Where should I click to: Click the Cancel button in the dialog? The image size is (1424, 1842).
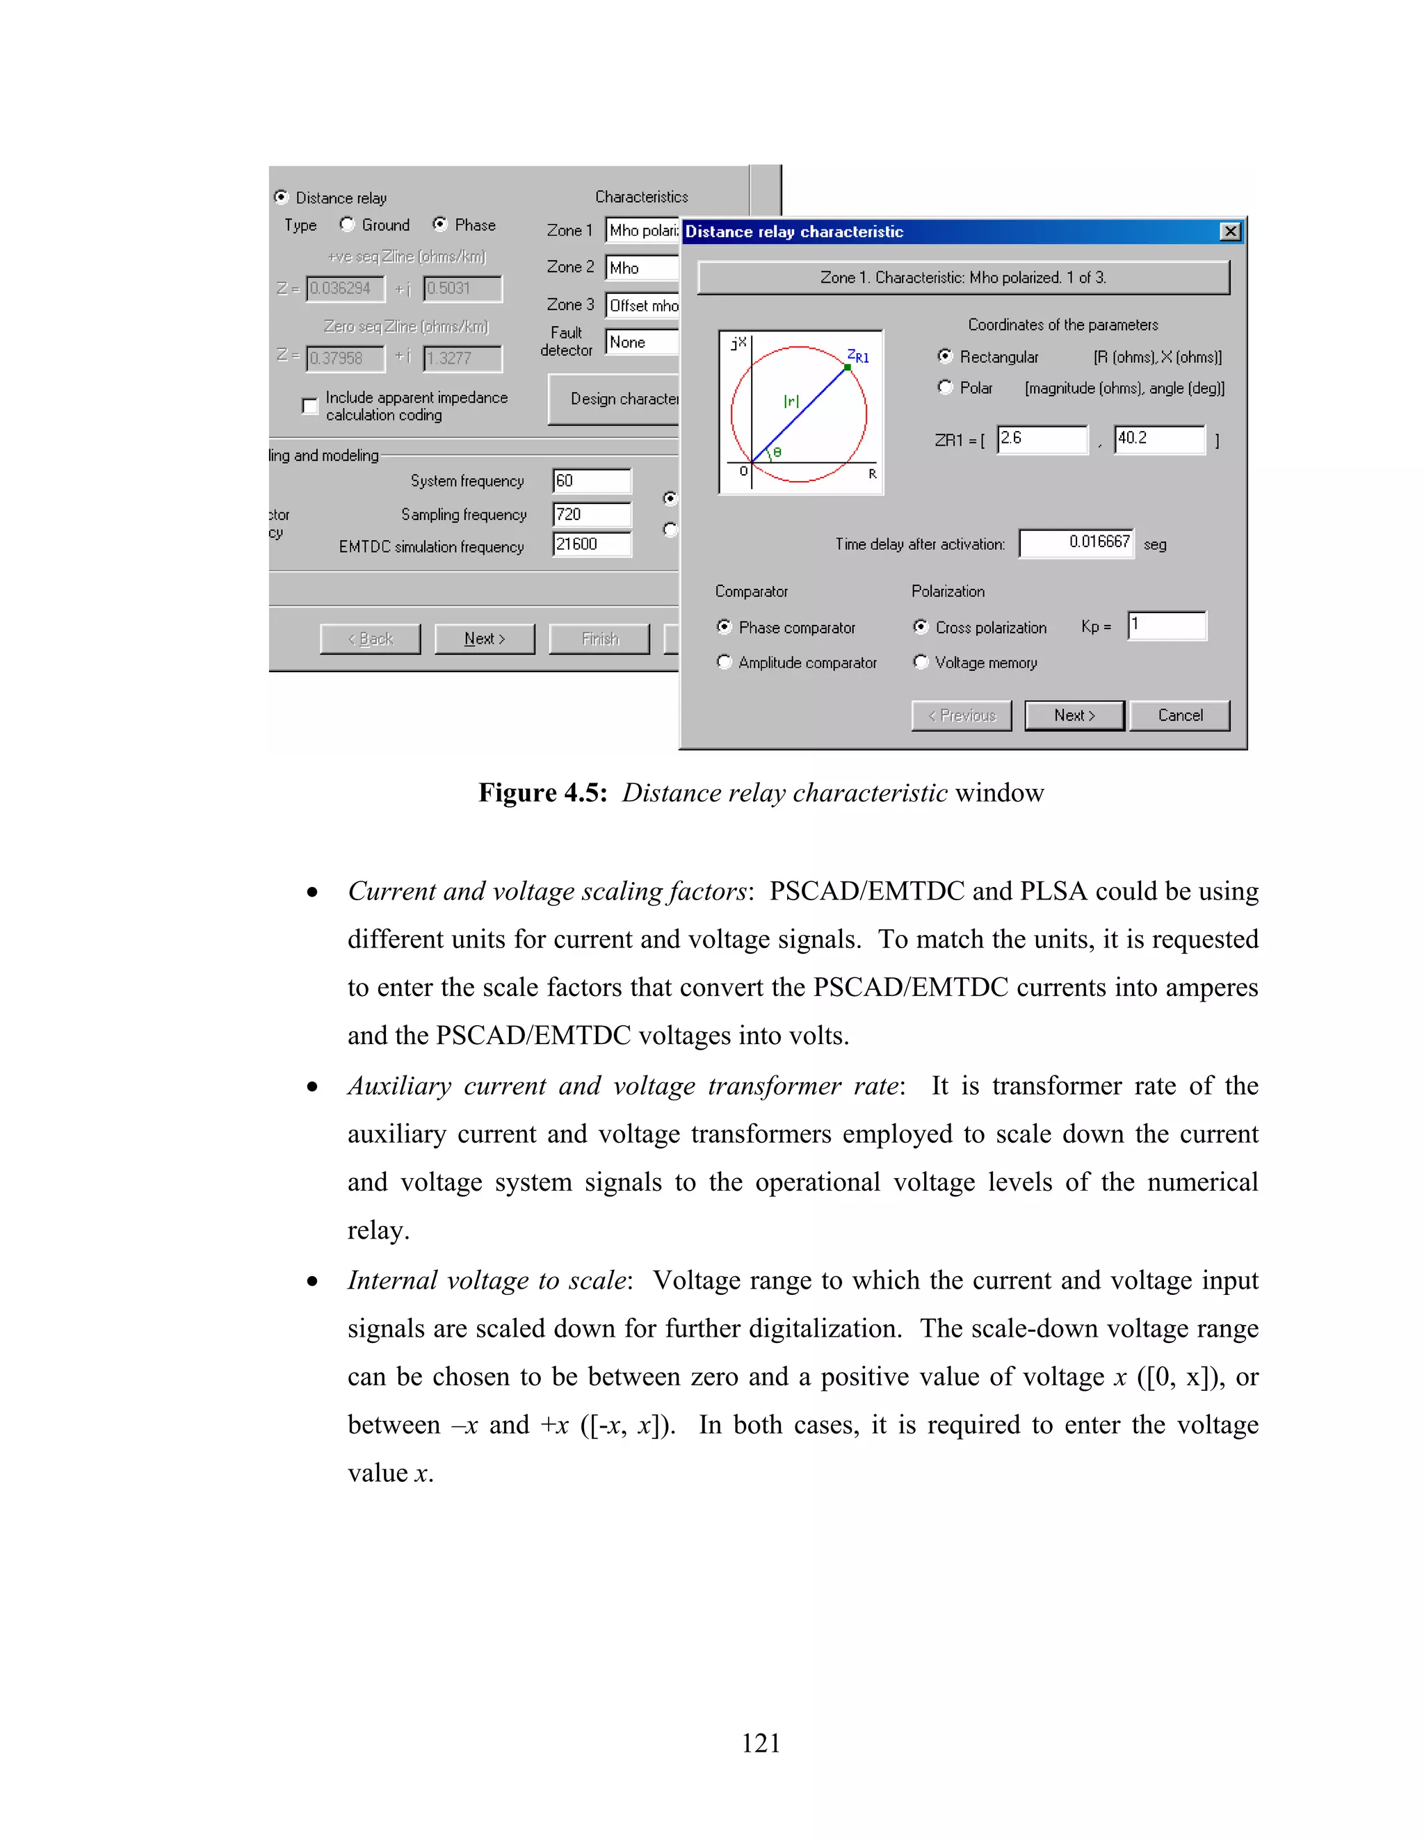[1179, 715]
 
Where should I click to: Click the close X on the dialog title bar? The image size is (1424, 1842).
[1231, 231]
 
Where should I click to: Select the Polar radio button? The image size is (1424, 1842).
[945, 387]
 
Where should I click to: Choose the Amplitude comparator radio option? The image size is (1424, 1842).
[724, 662]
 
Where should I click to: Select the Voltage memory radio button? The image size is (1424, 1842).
[921, 662]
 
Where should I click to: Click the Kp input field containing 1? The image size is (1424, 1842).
[1167, 626]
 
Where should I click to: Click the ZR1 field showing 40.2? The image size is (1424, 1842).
[1159, 439]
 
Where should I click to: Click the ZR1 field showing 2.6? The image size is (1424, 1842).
[1042, 439]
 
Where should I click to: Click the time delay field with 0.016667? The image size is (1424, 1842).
[1076, 543]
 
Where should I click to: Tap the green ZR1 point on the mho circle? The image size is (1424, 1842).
[847, 367]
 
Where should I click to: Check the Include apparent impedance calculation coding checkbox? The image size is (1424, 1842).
[309, 406]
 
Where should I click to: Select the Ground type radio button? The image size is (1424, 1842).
[347, 225]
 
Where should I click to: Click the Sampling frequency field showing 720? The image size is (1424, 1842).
[592, 514]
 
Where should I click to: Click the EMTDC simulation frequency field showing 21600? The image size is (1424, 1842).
[592, 544]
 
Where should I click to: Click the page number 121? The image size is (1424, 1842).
[761, 1743]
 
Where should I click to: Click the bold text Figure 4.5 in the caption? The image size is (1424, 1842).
[542, 793]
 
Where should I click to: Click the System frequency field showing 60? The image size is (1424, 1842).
[592, 481]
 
